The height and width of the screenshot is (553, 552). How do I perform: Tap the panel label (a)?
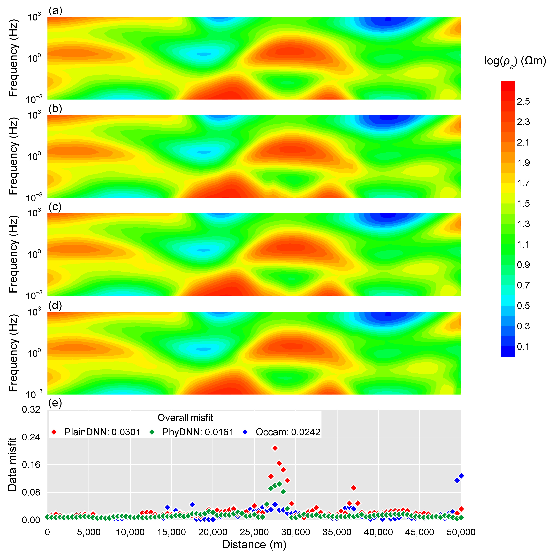pyautogui.click(x=55, y=11)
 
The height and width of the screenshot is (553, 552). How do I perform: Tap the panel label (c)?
pyautogui.click(x=55, y=207)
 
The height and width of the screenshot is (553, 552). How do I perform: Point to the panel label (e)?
pyautogui.click(x=55, y=403)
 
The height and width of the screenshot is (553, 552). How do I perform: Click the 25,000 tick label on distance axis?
pyautogui.click(x=254, y=532)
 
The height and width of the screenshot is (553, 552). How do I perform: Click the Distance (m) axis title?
pyautogui.click(x=254, y=544)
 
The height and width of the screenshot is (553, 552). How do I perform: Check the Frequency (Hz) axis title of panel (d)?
pyautogui.click(x=13, y=353)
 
